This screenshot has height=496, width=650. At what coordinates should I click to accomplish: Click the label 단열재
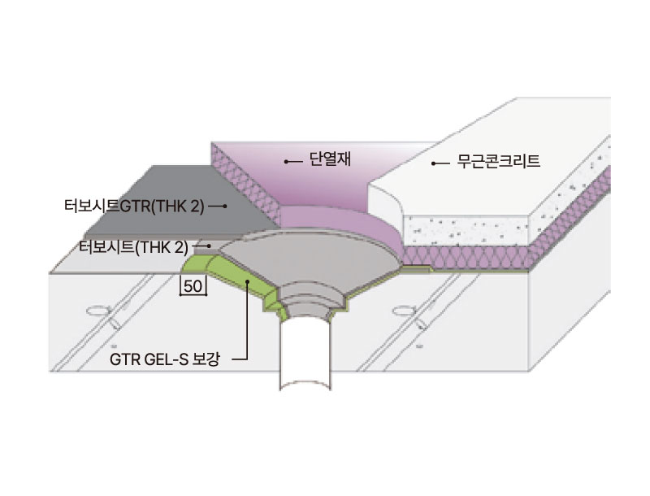coord(330,159)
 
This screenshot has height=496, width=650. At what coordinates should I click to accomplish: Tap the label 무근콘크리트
coord(498,161)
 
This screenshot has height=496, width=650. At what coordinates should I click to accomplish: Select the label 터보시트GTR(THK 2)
coord(134,206)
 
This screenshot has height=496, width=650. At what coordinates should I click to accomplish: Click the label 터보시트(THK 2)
coord(133,247)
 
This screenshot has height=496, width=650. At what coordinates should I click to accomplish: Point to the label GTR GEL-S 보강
coord(165,359)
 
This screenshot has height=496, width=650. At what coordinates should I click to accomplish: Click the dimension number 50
coord(193,286)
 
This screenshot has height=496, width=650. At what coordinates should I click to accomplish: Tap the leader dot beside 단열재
coord(286,161)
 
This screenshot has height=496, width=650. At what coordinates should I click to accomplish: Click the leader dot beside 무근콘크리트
coord(433,163)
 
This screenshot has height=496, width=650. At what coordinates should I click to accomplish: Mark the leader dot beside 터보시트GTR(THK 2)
coord(225,206)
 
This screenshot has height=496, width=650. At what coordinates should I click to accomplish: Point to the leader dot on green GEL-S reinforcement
coord(247,281)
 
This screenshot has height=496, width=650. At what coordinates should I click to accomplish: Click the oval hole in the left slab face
coord(98,310)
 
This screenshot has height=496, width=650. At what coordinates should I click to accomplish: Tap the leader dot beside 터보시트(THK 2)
coord(209,246)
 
